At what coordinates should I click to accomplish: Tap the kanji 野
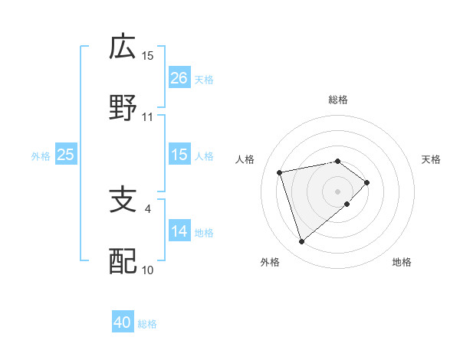(123, 109)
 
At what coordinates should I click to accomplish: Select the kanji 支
(123, 201)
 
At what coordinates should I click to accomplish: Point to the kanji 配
(123, 262)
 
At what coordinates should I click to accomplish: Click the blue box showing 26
(179, 78)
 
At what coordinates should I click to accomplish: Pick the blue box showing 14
(179, 231)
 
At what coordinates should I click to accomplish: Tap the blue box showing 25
(65, 155)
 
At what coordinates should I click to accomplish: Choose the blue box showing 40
(123, 322)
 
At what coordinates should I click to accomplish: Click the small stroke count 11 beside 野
(148, 117)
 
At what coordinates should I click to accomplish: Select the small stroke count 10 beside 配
(148, 270)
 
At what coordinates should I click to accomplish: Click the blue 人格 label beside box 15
(204, 155)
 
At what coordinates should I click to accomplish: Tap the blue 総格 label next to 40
(147, 323)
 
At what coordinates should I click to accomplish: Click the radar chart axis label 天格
(432, 159)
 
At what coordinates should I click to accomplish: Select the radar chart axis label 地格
(402, 262)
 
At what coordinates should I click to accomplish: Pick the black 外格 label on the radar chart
(270, 262)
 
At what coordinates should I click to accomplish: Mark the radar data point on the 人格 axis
(281, 171)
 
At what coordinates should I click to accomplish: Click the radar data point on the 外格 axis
(301, 242)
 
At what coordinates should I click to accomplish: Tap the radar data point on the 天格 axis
(367, 182)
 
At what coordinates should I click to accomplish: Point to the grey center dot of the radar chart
(337, 191)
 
